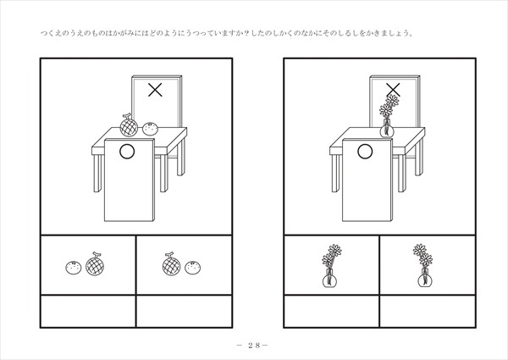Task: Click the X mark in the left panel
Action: point(155,90)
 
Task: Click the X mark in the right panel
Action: point(393,90)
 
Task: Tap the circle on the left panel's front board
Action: point(127,152)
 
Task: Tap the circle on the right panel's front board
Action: point(365,152)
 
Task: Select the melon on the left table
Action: point(129,125)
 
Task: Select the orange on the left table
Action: point(151,129)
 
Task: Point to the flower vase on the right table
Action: point(388,116)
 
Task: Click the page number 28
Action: point(254,346)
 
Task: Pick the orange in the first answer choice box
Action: point(74,268)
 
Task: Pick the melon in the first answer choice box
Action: point(95,264)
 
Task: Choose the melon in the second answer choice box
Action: point(171,264)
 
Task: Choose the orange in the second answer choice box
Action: point(193,268)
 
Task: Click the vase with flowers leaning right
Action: point(331,266)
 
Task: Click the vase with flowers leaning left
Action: point(424,266)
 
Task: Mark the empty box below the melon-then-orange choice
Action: point(184,311)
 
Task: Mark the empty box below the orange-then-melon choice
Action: point(88,311)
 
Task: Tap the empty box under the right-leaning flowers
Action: point(331,311)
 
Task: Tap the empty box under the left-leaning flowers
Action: point(428,311)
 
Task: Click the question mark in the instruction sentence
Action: point(246,33)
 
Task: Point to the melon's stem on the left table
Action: point(126,116)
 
